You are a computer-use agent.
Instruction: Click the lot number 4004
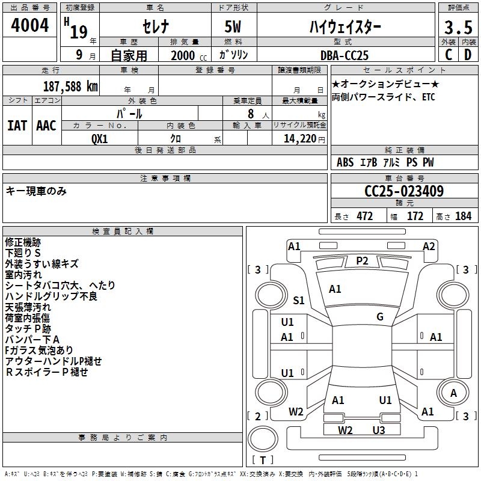29,25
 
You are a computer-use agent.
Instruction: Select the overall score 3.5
458,27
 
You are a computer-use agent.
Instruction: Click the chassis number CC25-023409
404,192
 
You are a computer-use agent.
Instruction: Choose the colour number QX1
100,138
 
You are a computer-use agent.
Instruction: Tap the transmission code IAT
17,126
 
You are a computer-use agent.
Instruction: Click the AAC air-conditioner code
46,126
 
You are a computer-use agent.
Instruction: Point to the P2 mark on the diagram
362,260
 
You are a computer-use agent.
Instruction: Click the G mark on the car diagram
379,317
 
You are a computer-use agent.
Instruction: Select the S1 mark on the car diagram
299,300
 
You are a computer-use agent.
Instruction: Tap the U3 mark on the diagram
378,430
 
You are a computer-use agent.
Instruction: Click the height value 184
463,216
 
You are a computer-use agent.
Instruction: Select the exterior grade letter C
448,55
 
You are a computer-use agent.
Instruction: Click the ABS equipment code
345,162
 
